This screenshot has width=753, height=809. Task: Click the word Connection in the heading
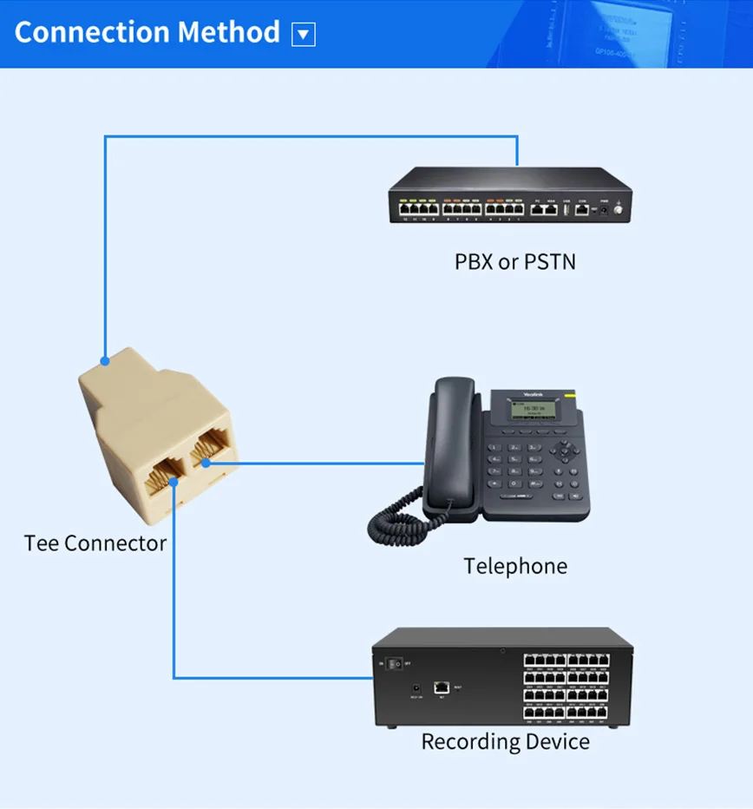click(91, 32)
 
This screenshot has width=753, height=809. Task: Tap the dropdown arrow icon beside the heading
click(303, 35)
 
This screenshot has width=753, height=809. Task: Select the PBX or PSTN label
click(514, 261)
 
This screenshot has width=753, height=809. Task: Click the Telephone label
click(514, 567)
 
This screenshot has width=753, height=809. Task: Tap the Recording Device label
click(505, 742)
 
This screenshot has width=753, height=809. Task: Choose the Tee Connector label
click(95, 543)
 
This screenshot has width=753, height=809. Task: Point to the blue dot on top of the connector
click(105, 360)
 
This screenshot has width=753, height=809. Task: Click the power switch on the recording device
click(396, 664)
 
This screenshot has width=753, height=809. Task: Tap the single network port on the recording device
click(441, 687)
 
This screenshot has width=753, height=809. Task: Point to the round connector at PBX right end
click(619, 209)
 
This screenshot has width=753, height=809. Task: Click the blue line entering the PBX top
click(517, 152)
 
